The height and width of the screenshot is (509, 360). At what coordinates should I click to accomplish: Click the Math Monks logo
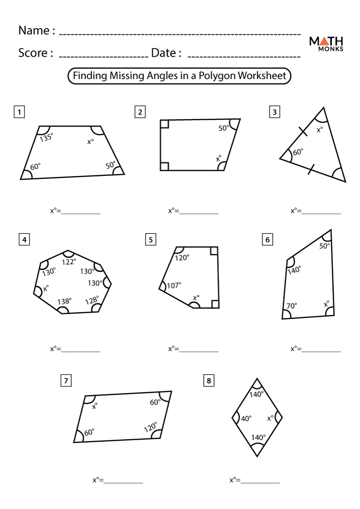pos(326,44)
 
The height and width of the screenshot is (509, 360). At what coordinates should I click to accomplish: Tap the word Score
pos(35,53)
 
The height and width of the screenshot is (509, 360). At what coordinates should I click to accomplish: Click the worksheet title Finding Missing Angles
pos(180,76)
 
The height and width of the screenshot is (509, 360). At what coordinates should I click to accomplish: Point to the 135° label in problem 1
pos(47,137)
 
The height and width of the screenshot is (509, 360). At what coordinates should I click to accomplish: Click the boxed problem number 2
pos(140,112)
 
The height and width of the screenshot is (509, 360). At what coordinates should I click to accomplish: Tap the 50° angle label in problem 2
pos(223,128)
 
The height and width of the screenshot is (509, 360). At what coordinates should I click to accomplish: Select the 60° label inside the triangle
pos(298,152)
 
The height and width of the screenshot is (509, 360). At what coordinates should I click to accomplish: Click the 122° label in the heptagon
pos(69,262)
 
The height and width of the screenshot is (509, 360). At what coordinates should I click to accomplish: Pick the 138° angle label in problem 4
pos(65,301)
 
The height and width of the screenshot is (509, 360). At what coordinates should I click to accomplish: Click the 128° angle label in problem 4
pos(91,301)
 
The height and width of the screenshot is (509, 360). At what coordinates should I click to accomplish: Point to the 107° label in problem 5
pos(174,286)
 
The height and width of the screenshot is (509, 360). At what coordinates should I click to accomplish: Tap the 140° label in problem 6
pos(295,270)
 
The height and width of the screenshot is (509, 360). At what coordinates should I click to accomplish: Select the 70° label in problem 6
pos(291,306)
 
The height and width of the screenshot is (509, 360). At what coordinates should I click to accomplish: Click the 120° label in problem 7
pos(150,427)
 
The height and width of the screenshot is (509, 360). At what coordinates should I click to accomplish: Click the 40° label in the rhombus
pos(246,418)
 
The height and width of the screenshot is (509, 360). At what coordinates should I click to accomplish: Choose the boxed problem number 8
pos(209,381)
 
